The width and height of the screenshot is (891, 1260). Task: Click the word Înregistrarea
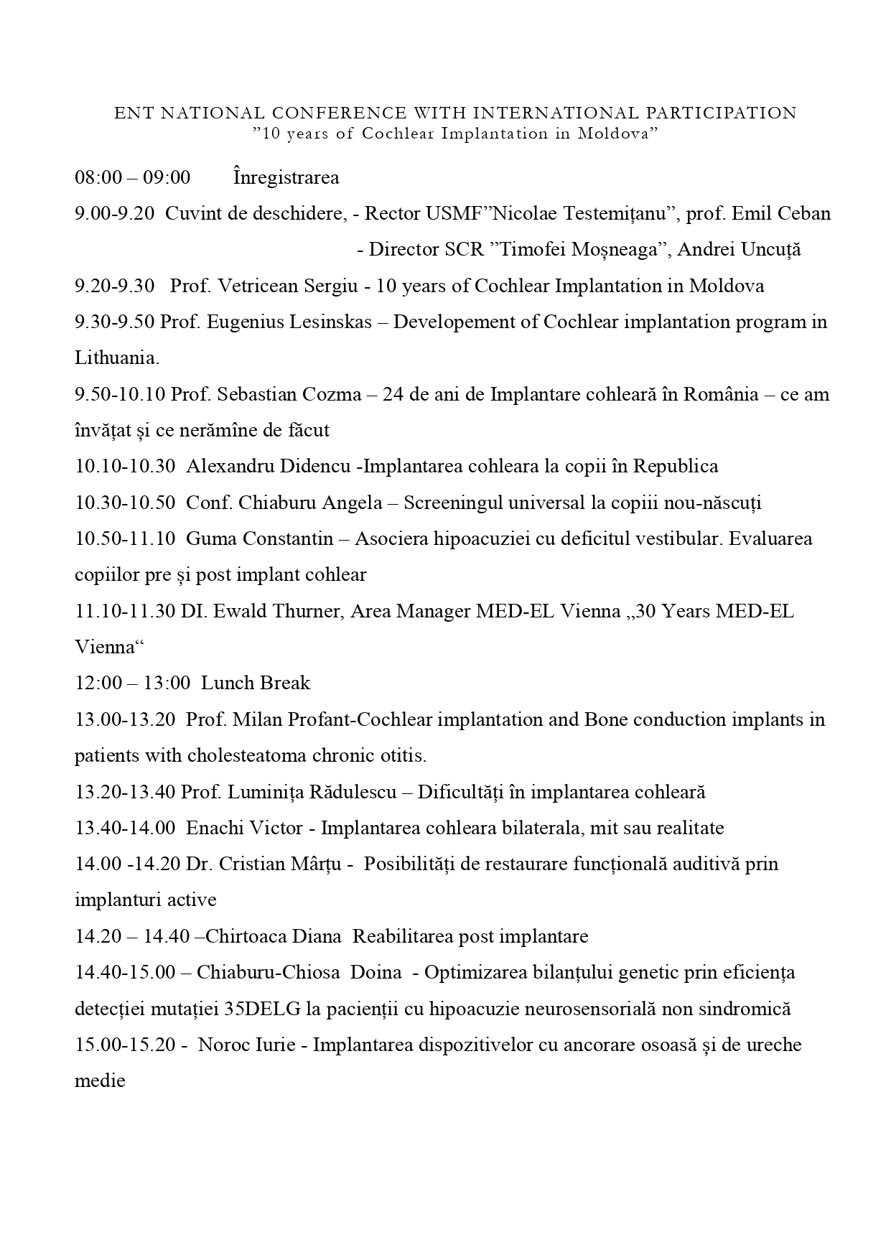coord(286,177)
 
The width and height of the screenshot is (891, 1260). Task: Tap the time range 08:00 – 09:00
coord(133,177)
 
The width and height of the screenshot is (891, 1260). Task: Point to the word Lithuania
coord(117,358)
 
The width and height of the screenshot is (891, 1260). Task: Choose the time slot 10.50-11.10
coord(125,538)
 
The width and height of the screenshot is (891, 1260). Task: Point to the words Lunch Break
coord(256,683)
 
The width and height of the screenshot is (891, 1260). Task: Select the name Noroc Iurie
coord(246,1045)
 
